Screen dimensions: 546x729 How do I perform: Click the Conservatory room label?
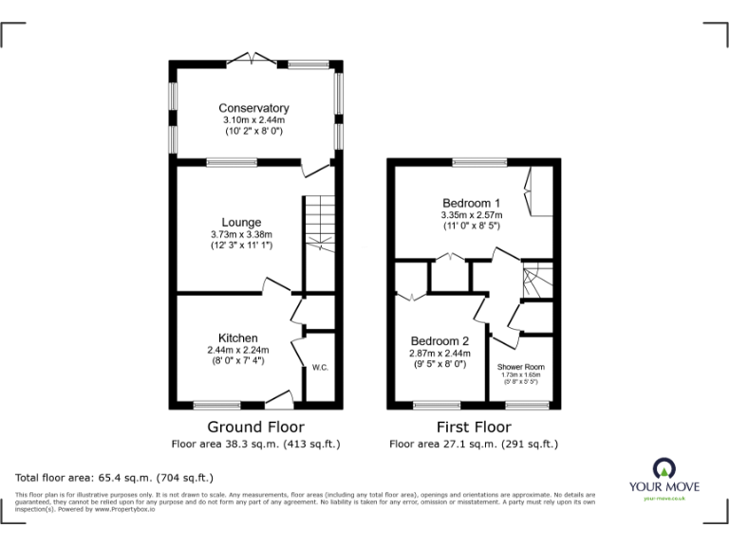click(253, 108)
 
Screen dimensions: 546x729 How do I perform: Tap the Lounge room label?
click(241, 223)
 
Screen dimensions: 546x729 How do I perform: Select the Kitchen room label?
click(238, 337)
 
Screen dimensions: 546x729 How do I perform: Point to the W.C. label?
click(319, 368)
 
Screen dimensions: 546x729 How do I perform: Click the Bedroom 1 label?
click(471, 203)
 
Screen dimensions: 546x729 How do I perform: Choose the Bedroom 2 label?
click(439, 341)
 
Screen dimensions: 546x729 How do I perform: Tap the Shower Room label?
click(521, 366)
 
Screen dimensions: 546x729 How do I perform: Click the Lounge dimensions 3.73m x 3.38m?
click(241, 235)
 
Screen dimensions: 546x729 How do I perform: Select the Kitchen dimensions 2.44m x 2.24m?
click(238, 350)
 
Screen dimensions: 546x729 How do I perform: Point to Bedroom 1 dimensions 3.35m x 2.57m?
click(471, 215)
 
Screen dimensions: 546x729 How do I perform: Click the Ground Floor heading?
click(255, 427)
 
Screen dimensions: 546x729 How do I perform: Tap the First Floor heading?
click(473, 427)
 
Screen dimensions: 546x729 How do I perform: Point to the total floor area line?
click(115, 478)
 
